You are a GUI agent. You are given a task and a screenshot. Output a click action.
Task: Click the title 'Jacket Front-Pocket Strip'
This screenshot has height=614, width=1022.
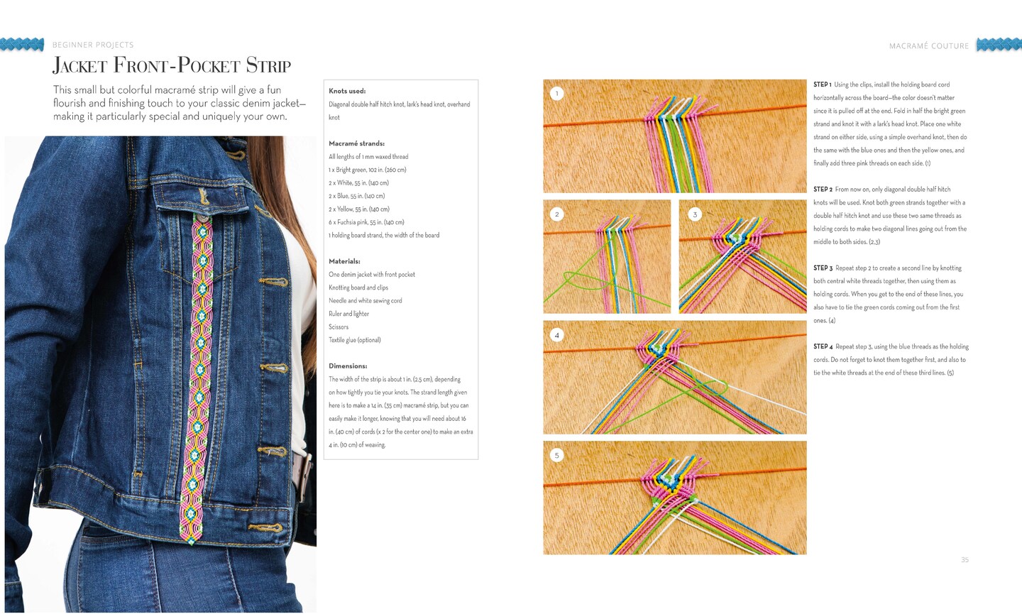(x=172, y=65)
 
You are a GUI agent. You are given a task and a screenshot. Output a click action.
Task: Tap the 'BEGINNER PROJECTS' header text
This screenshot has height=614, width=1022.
(x=93, y=45)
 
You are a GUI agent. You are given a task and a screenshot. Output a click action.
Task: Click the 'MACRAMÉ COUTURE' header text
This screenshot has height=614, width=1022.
(x=929, y=45)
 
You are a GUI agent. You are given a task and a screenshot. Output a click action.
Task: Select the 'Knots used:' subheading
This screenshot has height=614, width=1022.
(x=347, y=92)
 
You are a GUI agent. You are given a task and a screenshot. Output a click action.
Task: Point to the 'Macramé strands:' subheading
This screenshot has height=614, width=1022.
(x=357, y=143)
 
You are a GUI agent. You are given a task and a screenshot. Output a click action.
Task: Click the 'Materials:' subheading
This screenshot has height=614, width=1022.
(x=344, y=261)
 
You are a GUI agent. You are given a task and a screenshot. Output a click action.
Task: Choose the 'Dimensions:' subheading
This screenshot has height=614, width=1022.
(x=348, y=366)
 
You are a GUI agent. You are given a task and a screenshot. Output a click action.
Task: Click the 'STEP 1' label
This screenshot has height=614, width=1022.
(x=822, y=84)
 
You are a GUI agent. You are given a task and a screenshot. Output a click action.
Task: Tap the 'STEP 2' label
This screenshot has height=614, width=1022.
(x=823, y=190)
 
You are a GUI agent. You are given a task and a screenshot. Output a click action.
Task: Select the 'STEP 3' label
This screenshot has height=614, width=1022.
(x=823, y=268)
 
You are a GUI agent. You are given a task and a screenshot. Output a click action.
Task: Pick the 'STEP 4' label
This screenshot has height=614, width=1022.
(x=823, y=346)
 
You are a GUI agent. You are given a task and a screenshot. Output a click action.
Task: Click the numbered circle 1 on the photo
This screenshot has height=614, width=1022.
(x=556, y=94)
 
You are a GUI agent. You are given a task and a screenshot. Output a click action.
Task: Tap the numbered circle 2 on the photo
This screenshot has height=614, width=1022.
(x=556, y=214)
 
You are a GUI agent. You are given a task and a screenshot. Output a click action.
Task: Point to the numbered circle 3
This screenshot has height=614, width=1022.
(x=695, y=214)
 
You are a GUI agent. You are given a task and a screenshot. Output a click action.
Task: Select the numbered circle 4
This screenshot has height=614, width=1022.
(x=556, y=335)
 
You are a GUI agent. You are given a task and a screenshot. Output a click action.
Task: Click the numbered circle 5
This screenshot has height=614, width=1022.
(x=556, y=455)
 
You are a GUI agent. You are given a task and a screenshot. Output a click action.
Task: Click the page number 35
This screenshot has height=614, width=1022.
(x=965, y=560)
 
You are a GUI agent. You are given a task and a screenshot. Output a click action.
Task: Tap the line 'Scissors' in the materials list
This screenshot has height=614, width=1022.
(x=339, y=327)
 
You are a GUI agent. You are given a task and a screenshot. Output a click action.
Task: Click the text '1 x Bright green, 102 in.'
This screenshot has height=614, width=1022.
(x=356, y=170)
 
